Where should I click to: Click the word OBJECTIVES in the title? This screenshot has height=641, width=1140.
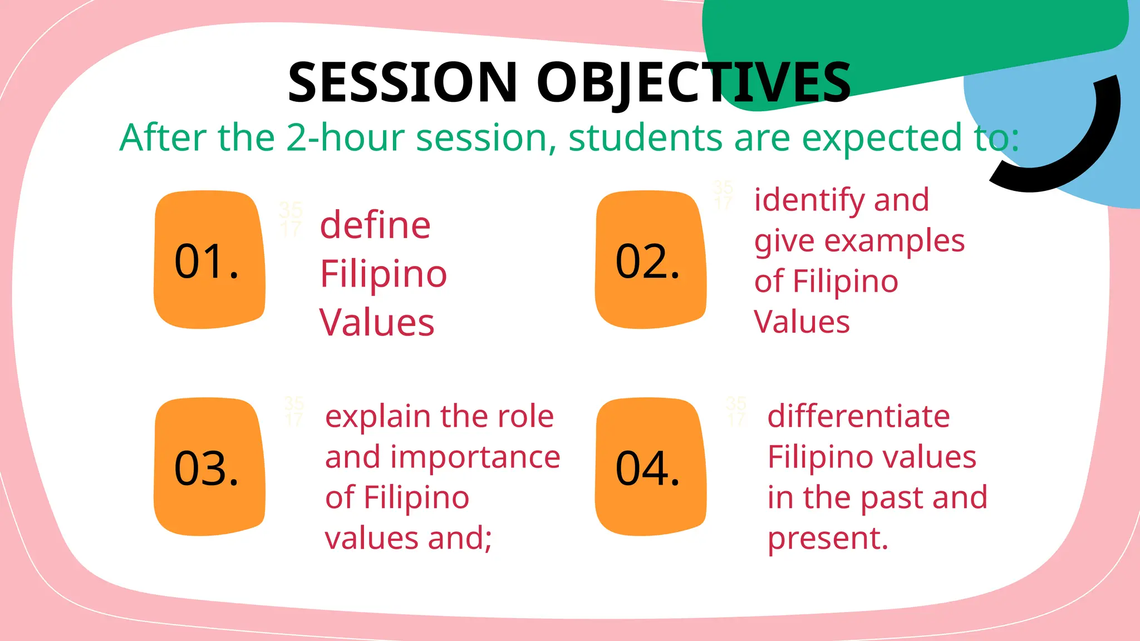coord(694,83)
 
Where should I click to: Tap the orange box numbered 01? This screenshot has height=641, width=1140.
coord(209,260)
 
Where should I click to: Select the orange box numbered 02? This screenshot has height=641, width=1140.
coord(650,260)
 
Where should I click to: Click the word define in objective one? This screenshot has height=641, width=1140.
coord(375,225)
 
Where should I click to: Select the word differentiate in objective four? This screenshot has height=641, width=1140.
coord(858,416)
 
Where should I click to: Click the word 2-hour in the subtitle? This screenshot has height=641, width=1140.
coord(345,137)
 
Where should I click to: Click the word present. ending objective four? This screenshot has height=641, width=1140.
coord(827,539)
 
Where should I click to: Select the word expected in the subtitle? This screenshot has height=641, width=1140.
coord(882,139)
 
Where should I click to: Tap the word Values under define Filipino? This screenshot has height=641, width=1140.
coord(377,323)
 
